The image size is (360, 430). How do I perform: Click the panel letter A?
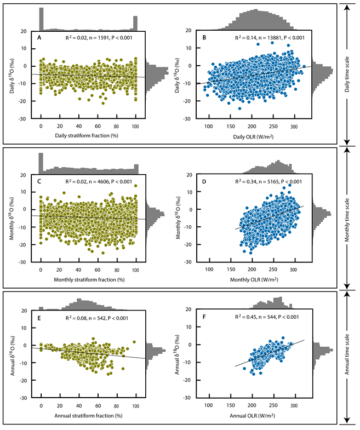click(39, 38)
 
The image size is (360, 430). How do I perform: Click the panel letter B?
click(204, 38)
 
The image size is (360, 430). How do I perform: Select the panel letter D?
click(204, 181)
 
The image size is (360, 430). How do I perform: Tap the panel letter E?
click(39, 317)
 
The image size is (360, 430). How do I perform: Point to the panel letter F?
click(204, 317)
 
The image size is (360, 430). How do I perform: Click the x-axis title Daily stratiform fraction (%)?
click(85, 135)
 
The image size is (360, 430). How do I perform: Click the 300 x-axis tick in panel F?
click(294, 406)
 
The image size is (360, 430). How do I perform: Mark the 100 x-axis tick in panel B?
click(209, 125)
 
